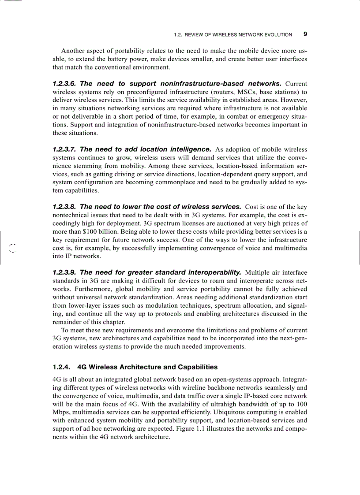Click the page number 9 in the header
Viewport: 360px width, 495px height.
click(305, 34)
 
